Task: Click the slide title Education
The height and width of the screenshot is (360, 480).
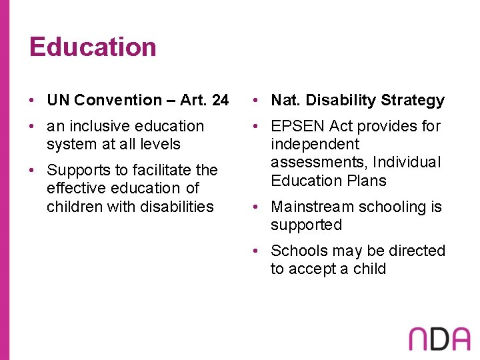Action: click(93, 47)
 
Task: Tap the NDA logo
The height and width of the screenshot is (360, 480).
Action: click(439, 339)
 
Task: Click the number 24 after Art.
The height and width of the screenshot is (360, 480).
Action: click(219, 100)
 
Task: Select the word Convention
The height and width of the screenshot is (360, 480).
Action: click(118, 100)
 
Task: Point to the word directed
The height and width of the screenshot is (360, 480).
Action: click(417, 251)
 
